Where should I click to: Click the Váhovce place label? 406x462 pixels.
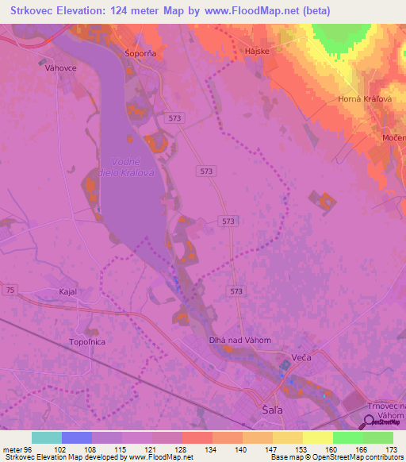point(60,68)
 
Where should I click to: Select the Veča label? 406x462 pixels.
point(303,358)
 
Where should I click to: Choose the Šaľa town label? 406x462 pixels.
point(273,410)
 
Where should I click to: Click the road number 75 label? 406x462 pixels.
point(10,291)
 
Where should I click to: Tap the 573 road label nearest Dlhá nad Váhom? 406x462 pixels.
point(236,291)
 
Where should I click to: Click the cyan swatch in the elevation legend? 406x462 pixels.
point(47,437)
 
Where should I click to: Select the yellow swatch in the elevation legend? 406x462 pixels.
point(317,437)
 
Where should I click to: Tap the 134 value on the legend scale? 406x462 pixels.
point(212,449)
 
